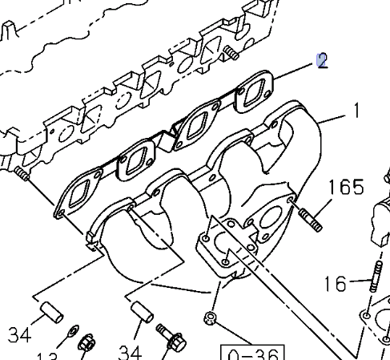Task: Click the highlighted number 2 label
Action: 322,61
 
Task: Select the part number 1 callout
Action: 356,111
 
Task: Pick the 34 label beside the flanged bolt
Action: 131,350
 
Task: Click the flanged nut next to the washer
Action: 87,345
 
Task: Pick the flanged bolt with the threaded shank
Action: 170,338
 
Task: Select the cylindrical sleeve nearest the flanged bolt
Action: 143,310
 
